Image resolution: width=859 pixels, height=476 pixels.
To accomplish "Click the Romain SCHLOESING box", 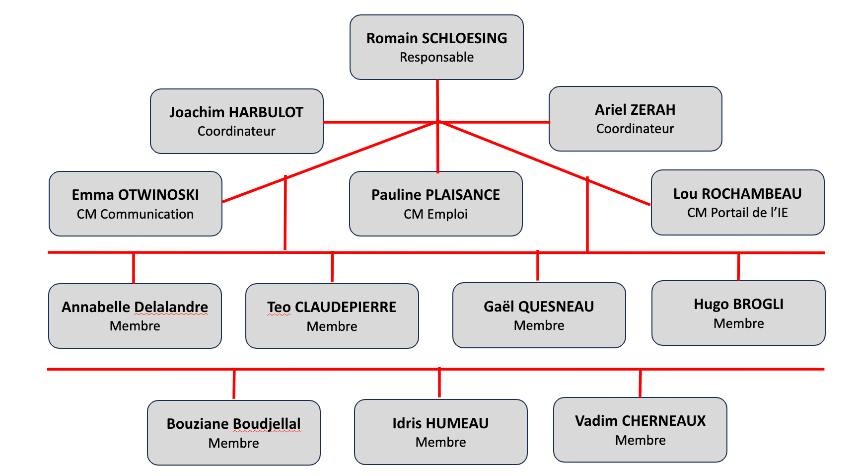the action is pos(436,47).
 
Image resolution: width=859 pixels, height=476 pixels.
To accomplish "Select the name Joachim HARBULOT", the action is pos(236,112).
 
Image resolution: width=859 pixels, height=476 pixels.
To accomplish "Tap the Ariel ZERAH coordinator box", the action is pos(635,119).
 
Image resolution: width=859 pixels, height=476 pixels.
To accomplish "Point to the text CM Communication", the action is pos(135,214).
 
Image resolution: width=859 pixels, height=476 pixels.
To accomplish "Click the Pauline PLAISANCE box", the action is pos(436,204).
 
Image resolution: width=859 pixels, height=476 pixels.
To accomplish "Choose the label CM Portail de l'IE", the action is pos(737,213).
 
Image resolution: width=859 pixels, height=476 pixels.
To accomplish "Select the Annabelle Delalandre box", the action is pos(135,316).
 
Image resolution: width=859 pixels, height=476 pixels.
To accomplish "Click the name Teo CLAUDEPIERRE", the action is pos(332,307).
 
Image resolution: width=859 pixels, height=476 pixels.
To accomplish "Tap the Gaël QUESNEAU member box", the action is pos(539,315).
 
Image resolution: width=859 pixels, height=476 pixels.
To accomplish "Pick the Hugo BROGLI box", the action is pos(738,313).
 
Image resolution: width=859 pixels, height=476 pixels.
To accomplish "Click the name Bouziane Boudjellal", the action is pos(234,424).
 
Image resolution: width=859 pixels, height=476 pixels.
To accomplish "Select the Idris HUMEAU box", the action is pos(441,432).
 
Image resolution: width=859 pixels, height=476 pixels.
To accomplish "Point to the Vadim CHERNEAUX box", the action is pos(640,430).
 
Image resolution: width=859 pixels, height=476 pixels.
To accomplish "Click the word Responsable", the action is pos(437,57).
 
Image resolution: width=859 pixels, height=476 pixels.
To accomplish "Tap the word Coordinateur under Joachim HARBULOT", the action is pos(236,131).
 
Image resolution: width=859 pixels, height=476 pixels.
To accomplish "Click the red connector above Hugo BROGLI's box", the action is pos(738,267).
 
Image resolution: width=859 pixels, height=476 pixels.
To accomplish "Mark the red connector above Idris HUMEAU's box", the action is pos(439,383).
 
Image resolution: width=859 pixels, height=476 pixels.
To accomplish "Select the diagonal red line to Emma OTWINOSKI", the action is pos(330,162).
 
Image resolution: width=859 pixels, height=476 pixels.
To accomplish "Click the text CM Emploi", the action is pos(436,214).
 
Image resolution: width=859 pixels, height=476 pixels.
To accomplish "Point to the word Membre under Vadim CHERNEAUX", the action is pos(641,440).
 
